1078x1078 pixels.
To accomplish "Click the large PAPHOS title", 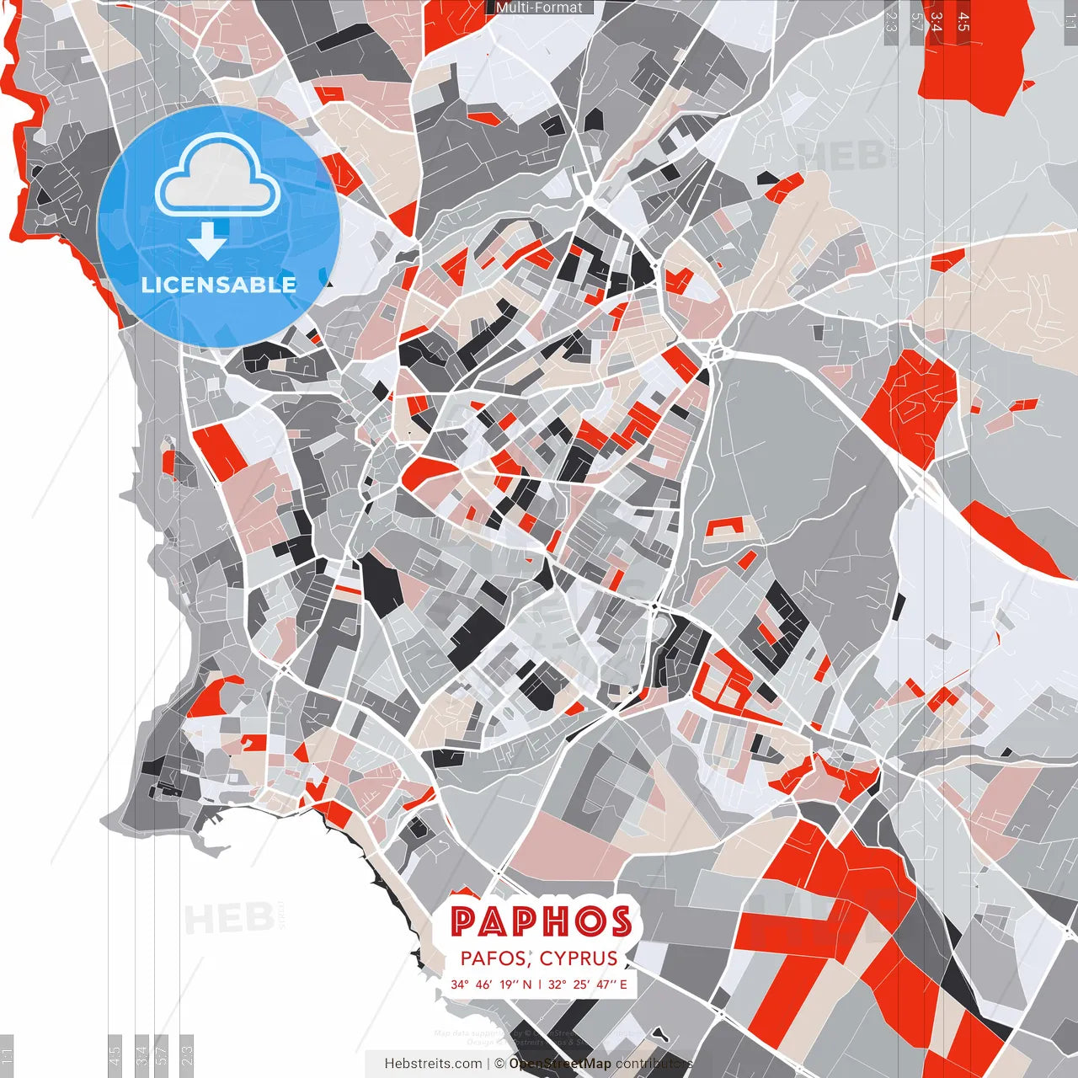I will coord(541,921).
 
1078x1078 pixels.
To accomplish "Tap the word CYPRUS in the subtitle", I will coord(579,958).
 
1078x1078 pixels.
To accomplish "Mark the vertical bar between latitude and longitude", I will coord(540,984).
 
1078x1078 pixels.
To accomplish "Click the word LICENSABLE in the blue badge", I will coord(219,285).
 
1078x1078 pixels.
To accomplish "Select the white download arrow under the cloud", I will coord(207,242).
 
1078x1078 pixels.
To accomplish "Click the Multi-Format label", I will coord(539,8).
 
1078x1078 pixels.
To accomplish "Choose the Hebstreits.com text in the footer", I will coord(433,1064).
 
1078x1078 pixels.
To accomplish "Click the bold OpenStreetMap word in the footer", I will coord(560,1064).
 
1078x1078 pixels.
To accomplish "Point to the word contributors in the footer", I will coord(654,1064).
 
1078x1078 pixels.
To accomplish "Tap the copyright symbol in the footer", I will coord(499,1064).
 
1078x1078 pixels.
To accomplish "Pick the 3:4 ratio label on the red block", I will coord(937,22).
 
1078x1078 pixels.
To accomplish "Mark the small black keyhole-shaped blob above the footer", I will coord(662,1034).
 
